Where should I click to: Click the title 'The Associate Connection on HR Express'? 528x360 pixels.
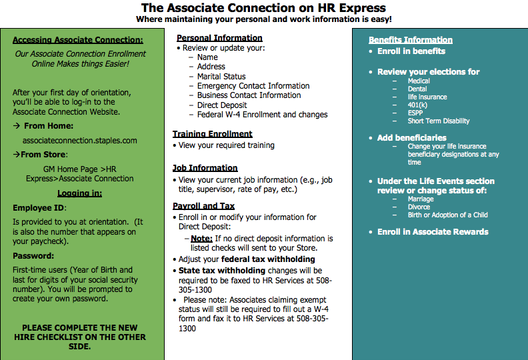click(x=263, y=8)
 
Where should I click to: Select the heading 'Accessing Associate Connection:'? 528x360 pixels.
click(x=78, y=40)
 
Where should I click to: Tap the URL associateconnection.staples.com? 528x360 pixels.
click(x=80, y=141)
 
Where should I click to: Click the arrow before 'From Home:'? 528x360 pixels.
click(x=17, y=125)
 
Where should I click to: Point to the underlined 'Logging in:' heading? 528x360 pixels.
click(x=79, y=193)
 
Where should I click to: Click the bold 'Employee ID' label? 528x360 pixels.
click(x=38, y=208)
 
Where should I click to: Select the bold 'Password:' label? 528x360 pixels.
click(x=33, y=256)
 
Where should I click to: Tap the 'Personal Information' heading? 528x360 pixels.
click(x=219, y=38)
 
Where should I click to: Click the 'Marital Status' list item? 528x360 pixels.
click(x=221, y=77)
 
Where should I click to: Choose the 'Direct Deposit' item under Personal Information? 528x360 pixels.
click(x=222, y=105)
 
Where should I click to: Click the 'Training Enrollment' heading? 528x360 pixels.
click(x=212, y=134)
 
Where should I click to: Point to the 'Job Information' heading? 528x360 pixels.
click(x=205, y=168)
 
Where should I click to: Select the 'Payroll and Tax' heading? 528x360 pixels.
click(x=204, y=206)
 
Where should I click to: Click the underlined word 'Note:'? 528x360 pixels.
click(x=201, y=239)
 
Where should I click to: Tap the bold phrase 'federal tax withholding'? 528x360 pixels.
click(x=268, y=259)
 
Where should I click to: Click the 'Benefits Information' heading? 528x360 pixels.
click(x=411, y=40)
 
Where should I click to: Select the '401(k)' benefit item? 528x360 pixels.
click(x=417, y=105)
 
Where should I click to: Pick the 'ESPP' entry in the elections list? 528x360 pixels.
click(x=415, y=113)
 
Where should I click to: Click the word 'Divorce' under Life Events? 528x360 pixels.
click(x=419, y=207)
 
